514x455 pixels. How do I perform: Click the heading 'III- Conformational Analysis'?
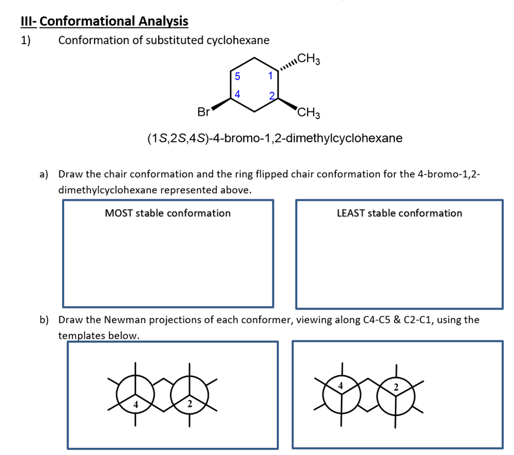(x=104, y=21)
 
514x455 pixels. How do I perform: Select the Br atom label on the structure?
(x=203, y=113)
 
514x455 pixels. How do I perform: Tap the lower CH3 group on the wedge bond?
(x=309, y=114)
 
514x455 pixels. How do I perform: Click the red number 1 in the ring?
(x=270, y=76)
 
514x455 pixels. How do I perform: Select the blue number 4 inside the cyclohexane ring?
(x=237, y=94)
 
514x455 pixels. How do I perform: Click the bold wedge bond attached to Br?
(x=221, y=104)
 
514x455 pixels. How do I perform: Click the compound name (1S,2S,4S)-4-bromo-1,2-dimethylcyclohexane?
(x=275, y=138)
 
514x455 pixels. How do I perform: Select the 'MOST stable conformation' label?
(x=167, y=213)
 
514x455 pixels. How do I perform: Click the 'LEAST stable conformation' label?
(x=399, y=213)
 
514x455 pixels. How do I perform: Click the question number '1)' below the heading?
(x=26, y=40)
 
